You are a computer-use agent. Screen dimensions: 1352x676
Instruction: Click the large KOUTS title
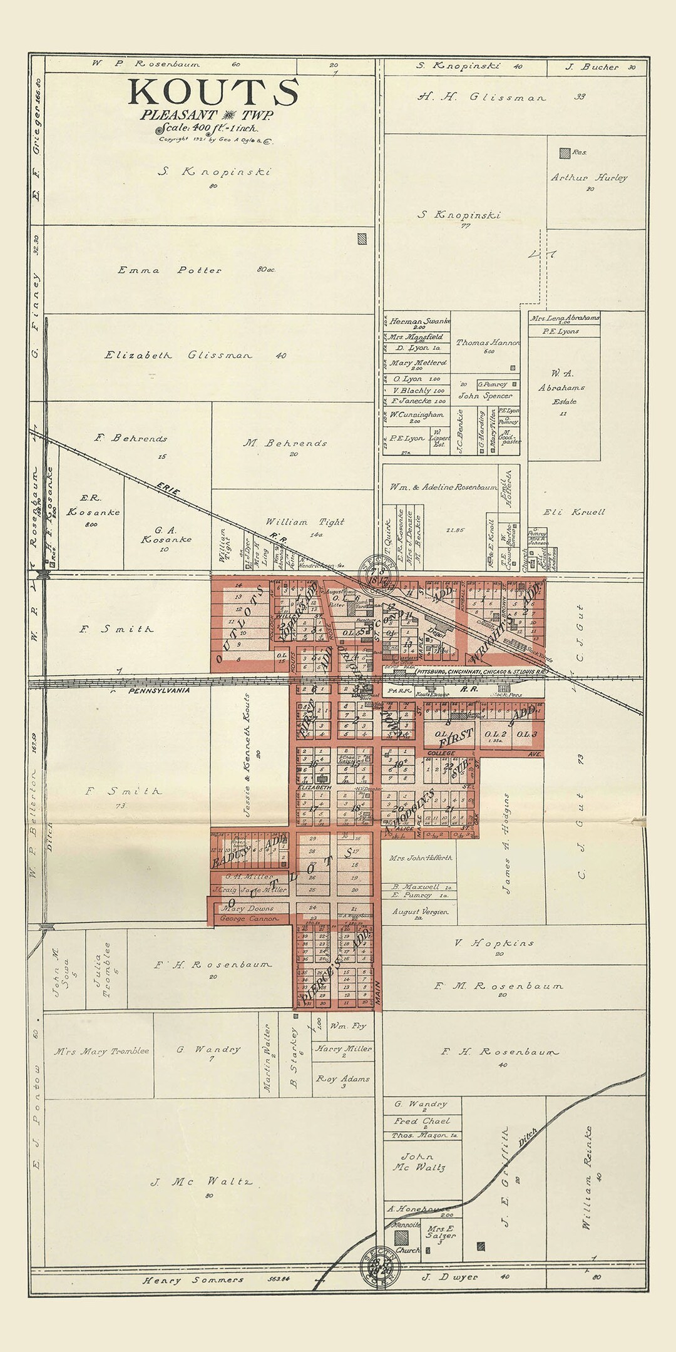coord(213,93)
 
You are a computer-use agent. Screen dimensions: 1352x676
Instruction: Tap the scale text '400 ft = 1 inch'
coord(207,128)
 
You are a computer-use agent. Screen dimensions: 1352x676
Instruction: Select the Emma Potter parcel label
coord(170,270)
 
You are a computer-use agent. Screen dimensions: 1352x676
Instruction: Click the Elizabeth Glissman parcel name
coord(178,355)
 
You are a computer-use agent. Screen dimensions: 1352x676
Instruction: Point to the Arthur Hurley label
coord(588,178)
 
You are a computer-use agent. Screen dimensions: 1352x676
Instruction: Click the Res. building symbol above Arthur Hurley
coord(565,152)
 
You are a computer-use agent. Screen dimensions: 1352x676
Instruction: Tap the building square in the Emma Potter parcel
coord(361,238)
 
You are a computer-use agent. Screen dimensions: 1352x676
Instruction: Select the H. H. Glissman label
coord(482,97)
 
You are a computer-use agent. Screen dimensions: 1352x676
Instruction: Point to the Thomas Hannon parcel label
coord(488,342)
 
